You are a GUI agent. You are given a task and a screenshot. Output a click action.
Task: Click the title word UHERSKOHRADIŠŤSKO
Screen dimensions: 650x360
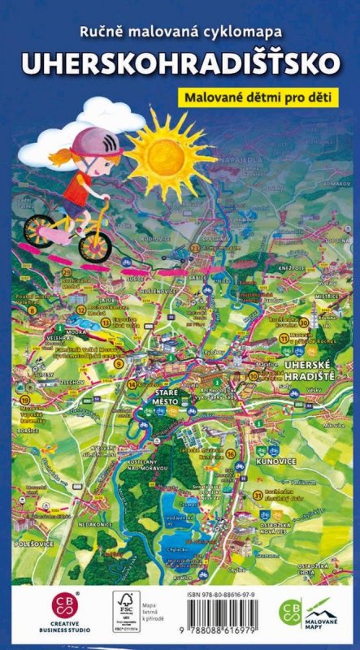180,65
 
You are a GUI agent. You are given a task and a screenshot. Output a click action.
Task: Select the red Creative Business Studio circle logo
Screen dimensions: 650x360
65,604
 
